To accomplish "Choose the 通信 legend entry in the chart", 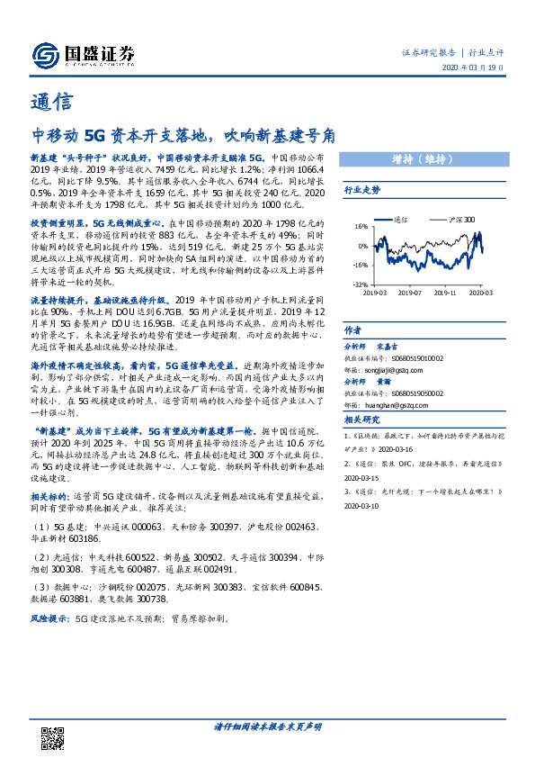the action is [401, 218].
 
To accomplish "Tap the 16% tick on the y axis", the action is [359, 227].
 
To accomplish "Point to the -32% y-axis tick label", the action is [358, 284].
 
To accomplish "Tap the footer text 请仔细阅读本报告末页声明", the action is [267, 726].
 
